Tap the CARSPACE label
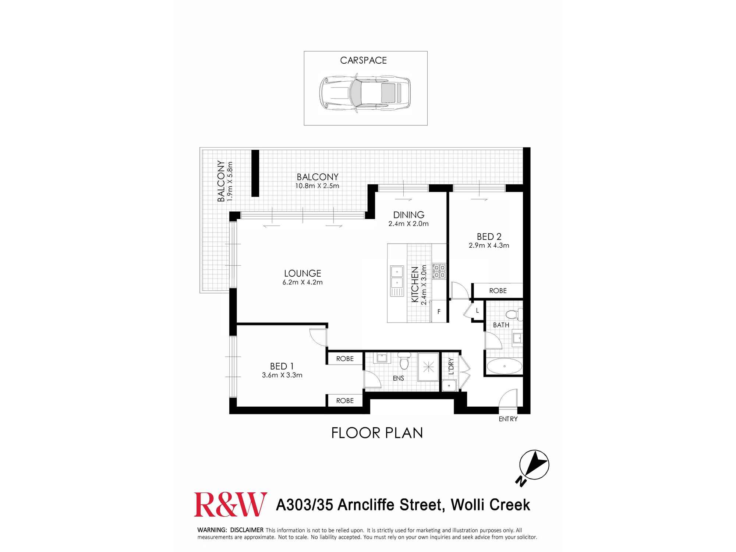(x=363, y=60)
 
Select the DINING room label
(x=408, y=215)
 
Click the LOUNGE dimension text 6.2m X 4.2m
(x=302, y=282)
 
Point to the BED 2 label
(x=489, y=237)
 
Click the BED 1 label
(x=282, y=366)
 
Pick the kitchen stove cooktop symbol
(x=439, y=271)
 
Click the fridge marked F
(x=439, y=312)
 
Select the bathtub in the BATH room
(x=504, y=366)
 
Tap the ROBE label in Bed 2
(x=498, y=291)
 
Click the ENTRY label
(x=508, y=419)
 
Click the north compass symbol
(x=534, y=465)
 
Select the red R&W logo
(x=231, y=505)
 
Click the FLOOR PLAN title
(x=377, y=433)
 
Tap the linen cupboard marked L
(x=477, y=311)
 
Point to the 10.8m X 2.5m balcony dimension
(x=317, y=186)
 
